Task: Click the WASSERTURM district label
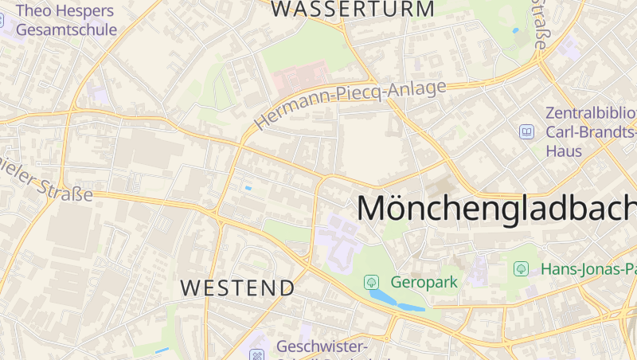(x=354, y=10)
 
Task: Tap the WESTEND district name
(x=237, y=288)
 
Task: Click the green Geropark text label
(x=424, y=282)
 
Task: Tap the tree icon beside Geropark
(x=371, y=282)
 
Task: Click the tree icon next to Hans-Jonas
(x=522, y=269)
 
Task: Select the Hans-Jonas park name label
(x=588, y=269)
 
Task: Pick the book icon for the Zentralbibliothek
(x=526, y=131)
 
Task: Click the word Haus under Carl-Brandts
(x=564, y=151)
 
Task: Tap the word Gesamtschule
(x=66, y=29)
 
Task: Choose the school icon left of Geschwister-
(x=256, y=354)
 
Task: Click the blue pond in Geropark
(x=395, y=302)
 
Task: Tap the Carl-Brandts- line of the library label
(x=590, y=131)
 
